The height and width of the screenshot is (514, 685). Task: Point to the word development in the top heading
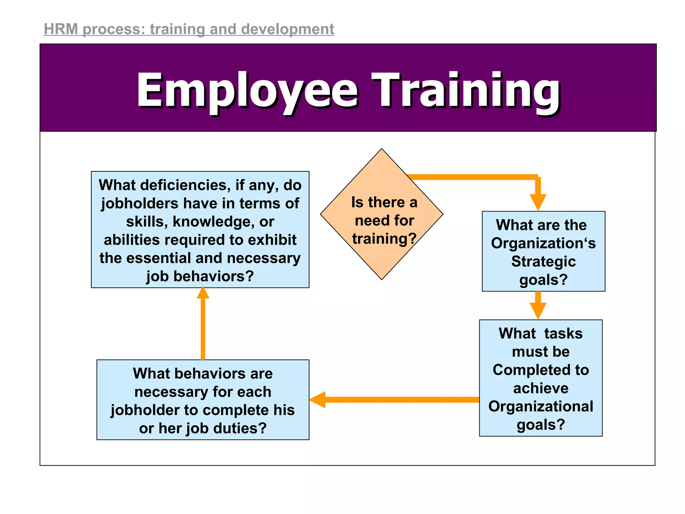click(x=287, y=29)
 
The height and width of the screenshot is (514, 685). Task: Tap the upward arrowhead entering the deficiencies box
click(x=203, y=293)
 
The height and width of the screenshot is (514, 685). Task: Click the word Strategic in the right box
click(x=544, y=261)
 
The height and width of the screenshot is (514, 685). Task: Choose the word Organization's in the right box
click(x=544, y=243)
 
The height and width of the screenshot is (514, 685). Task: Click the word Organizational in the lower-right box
click(x=541, y=406)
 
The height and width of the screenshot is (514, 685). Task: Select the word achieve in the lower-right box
click(x=541, y=388)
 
